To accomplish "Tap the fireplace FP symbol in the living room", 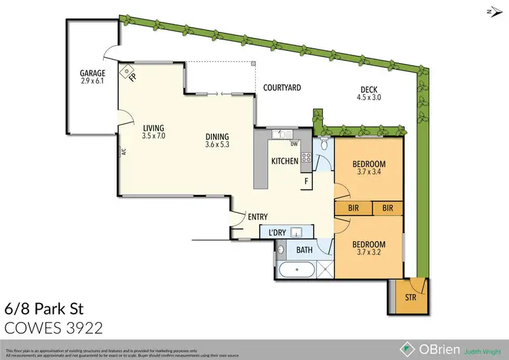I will pos(128,71).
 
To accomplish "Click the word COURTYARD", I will pos(282,88).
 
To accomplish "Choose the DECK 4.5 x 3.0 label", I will pos(370,93).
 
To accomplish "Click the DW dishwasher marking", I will pos(294,144).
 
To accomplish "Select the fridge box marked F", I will pos(306,181).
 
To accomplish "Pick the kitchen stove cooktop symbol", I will pos(306,159).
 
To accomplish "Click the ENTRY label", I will pos(257,217).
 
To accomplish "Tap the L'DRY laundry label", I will pos(277,233).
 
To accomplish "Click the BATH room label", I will pos(304,250).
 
